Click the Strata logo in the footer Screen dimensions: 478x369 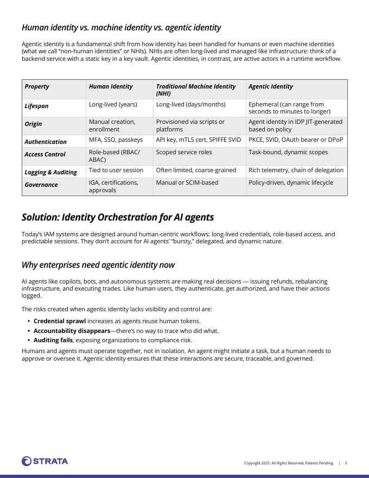click(45, 461)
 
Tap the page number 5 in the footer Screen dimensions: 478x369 click(346, 463)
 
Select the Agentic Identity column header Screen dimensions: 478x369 click(270, 86)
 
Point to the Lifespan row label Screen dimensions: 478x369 click(36, 106)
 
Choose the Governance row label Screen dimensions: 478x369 click(41, 185)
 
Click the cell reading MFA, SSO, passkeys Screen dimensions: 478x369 click(116, 140)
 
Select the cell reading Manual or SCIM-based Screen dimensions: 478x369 click(187, 183)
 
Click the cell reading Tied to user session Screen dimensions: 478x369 click(116, 170)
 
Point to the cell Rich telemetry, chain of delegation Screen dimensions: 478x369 click(296, 170)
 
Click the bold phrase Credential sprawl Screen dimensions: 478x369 click(60, 321)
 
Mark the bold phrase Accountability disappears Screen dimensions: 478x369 click(72, 331)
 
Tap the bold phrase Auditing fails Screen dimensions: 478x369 click(53, 340)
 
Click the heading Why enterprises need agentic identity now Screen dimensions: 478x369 click(98, 265)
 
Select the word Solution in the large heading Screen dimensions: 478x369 click(40, 217)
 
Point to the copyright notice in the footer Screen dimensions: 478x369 click(288, 463)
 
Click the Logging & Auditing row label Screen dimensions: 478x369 click(50, 172)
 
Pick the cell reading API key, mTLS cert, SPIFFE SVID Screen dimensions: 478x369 click(198, 140)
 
